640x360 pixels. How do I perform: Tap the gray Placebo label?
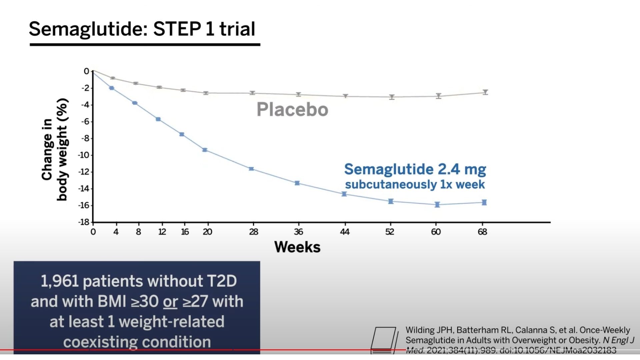pos(292,109)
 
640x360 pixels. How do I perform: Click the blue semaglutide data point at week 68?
pos(484,202)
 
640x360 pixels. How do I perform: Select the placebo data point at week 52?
pos(392,97)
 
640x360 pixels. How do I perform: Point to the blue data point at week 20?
pos(205,150)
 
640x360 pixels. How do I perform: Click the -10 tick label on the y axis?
pos(84,155)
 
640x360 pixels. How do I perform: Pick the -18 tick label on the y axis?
pos(84,222)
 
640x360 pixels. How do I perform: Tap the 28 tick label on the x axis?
pos(254,232)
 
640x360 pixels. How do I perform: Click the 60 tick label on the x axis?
pos(436,232)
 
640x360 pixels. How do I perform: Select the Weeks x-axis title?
pos(297,247)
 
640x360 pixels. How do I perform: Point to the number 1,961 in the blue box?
pos(60,281)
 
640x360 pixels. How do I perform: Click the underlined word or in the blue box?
pos(170,301)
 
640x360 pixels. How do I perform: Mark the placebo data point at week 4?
pos(113,78)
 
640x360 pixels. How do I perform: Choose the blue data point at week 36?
pos(297,183)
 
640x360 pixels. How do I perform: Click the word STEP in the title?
pos(177,29)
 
